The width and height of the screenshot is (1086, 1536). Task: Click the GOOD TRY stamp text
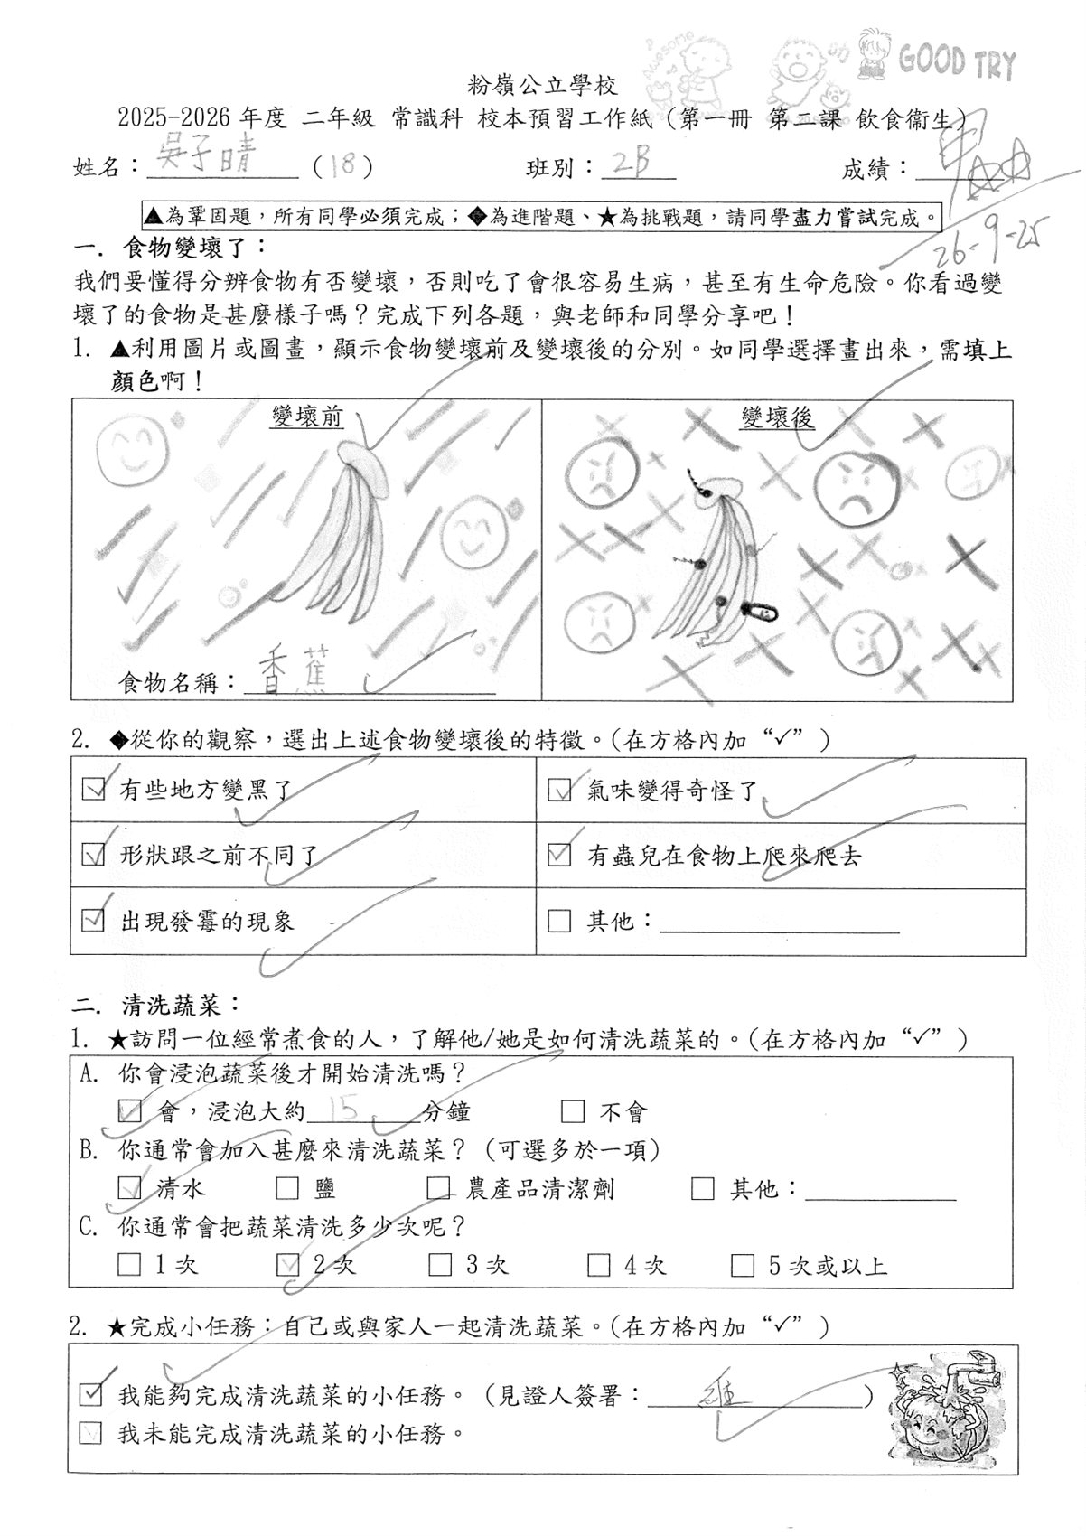pos(957,63)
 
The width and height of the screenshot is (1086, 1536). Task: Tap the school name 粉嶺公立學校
pos(543,87)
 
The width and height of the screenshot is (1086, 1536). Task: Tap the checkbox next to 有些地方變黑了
pos(93,790)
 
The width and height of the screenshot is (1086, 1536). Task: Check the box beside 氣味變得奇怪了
pos(559,791)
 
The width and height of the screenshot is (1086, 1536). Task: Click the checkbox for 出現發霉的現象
pos(93,921)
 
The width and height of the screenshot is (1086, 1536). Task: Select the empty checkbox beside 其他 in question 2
pos(559,921)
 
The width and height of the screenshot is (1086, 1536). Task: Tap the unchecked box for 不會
pos(573,1110)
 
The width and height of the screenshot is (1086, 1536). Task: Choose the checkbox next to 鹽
pos(287,1187)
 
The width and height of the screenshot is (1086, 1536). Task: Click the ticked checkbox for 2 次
pos(287,1264)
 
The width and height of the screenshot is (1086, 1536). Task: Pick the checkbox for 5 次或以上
pos(742,1264)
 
